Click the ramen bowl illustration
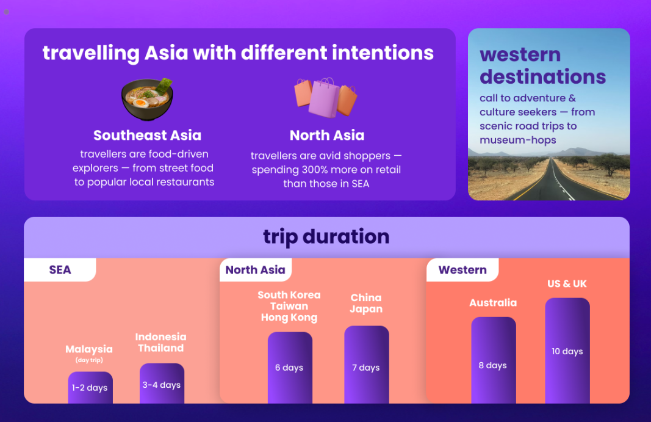(x=148, y=100)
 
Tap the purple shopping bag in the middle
(x=324, y=98)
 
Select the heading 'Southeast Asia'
(x=148, y=135)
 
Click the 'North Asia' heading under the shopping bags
(x=327, y=135)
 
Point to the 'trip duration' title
(x=326, y=236)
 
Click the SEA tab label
(x=60, y=270)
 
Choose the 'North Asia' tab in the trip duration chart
(x=255, y=270)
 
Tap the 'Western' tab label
(x=462, y=270)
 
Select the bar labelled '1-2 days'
(x=90, y=387)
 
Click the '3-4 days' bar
(x=162, y=384)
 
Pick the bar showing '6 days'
(x=290, y=368)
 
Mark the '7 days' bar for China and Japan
(x=367, y=365)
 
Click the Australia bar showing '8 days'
(x=494, y=360)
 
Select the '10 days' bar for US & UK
(x=567, y=351)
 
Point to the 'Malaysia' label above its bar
(x=89, y=349)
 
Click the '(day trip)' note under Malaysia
(x=89, y=360)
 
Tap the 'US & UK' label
(x=567, y=284)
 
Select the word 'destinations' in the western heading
(x=542, y=77)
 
